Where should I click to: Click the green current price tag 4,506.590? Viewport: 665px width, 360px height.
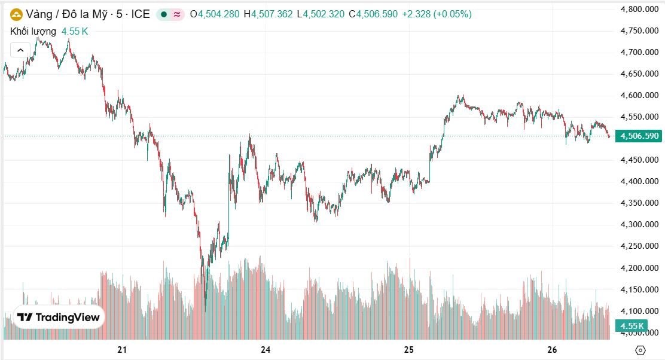coord(639,136)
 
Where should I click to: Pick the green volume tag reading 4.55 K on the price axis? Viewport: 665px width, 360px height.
coord(632,326)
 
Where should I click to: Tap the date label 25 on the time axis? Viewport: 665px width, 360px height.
coord(409,349)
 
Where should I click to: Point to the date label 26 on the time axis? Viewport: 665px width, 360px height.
coord(552,349)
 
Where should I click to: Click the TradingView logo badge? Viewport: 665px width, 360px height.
coord(59,318)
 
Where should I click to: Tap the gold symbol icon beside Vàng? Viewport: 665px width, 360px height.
coord(16,14)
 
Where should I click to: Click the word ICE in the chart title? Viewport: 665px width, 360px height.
coord(141,14)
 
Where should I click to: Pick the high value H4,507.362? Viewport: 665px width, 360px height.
coord(269,14)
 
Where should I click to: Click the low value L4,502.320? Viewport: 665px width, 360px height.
coord(321,14)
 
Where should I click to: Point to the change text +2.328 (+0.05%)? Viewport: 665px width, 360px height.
coord(437,14)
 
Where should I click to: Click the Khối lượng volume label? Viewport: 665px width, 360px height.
coord(33,31)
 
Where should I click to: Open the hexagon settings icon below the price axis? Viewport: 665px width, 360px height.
coord(640,350)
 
